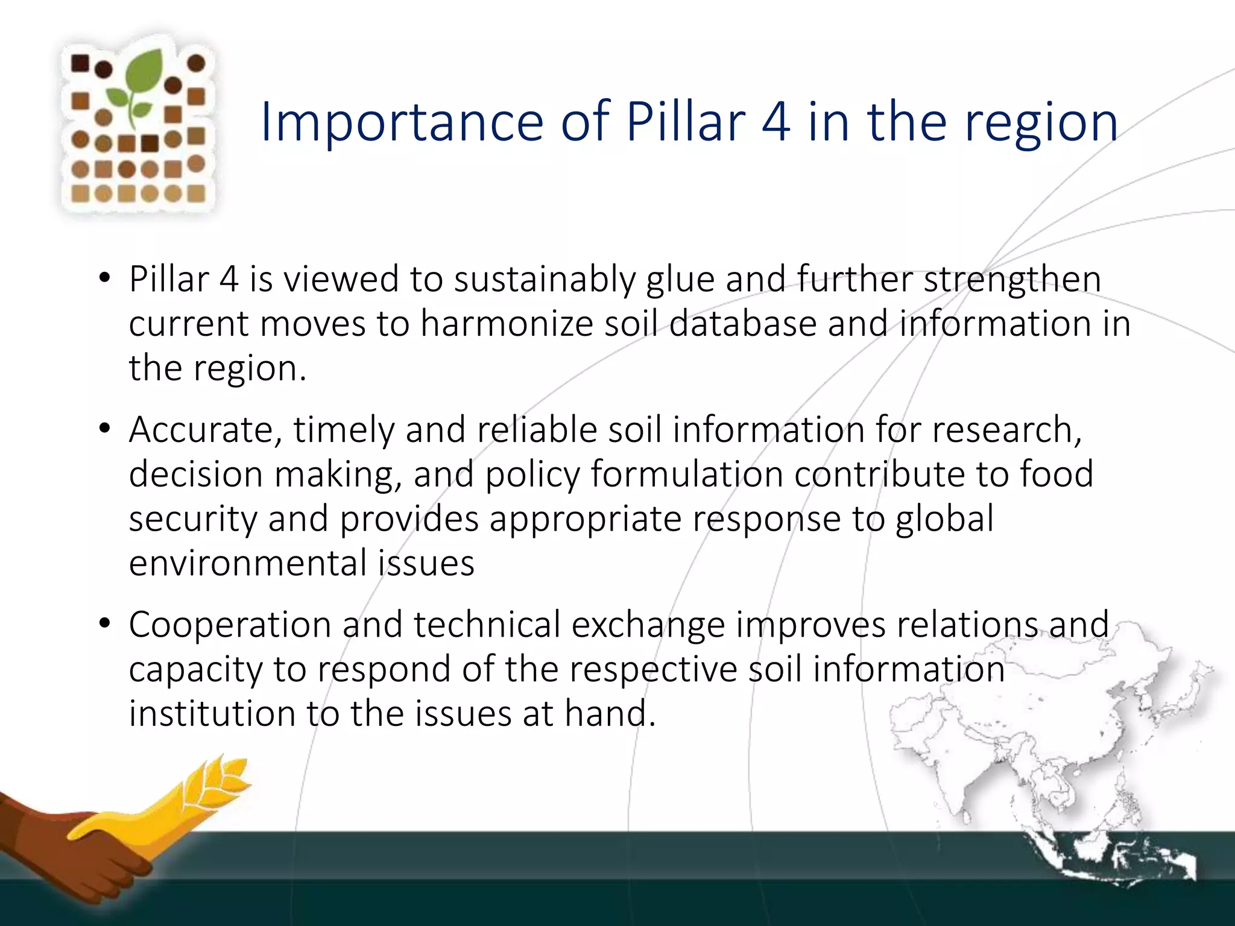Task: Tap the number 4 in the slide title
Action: [x=775, y=122]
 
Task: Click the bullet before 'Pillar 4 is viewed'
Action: [x=105, y=279]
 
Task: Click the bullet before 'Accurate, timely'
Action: [x=105, y=429]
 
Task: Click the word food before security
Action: [x=1057, y=474]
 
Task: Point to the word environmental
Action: [x=248, y=563]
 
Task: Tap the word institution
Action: [x=212, y=714]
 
